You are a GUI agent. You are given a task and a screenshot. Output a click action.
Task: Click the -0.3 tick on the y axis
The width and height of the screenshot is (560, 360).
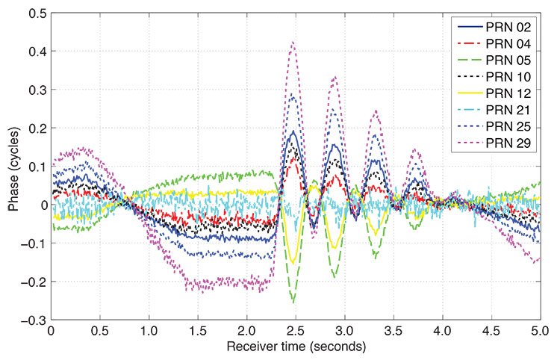(x=31, y=320)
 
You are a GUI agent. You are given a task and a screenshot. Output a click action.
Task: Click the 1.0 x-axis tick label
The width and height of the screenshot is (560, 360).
(x=149, y=329)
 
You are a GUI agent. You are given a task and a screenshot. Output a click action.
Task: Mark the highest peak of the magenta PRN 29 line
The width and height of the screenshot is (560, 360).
(x=293, y=43)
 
